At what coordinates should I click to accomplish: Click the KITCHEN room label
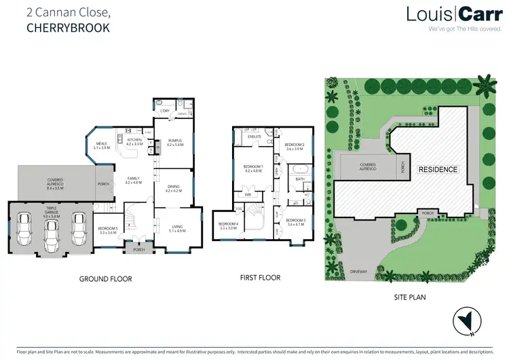(x=134, y=141)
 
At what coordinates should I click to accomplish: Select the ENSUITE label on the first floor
(x=254, y=137)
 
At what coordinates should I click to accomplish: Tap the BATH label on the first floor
(x=299, y=179)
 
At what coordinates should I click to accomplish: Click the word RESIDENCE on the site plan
(x=438, y=169)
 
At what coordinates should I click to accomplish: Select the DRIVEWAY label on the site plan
(x=359, y=271)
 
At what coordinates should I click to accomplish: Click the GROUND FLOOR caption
(x=105, y=278)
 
